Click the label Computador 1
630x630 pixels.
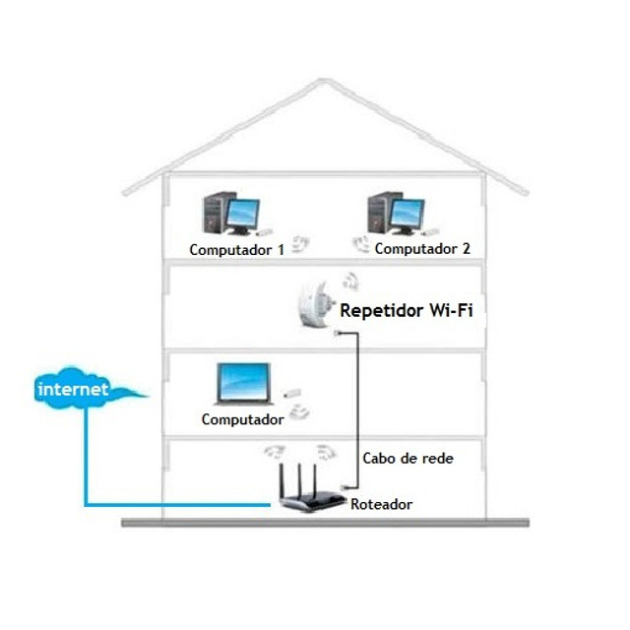pyautogui.click(x=236, y=249)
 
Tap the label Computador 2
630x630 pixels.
pyautogui.click(x=421, y=248)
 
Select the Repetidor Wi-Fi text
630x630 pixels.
pyautogui.click(x=406, y=311)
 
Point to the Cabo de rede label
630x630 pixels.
pyautogui.click(x=408, y=458)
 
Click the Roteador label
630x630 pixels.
pyautogui.click(x=381, y=504)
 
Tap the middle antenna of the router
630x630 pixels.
pyautogui.click(x=300, y=477)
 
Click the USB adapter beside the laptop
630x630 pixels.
pyautogui.click(x=292, y=395)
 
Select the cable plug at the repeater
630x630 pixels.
pyautogui.click(x=340, y=332)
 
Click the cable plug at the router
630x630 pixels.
pyautogui.click(x=345, y=487)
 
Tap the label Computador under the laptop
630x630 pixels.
pyautogui.click(x=242, y=419)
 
